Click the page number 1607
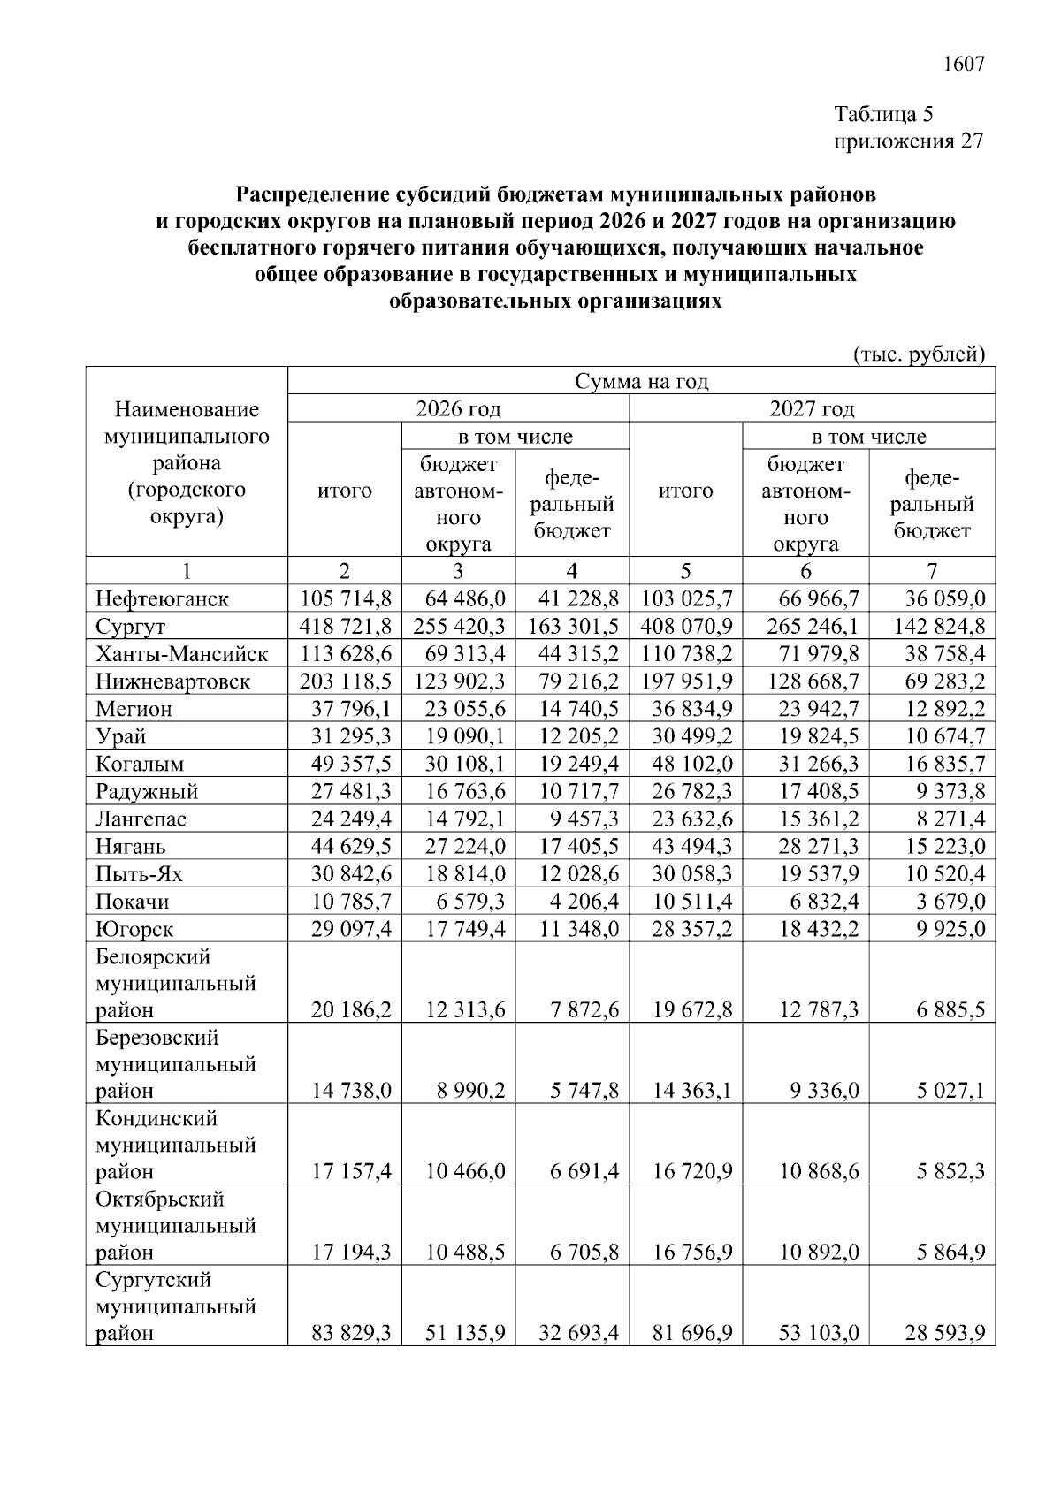point(963,65)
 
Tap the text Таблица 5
point(883,114)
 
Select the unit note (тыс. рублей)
point(919,354)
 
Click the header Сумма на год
point(642,381)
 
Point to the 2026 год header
point(458,408)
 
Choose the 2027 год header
point(812,408)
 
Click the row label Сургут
point(131,627)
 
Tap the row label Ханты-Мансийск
point(181,654)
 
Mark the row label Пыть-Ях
point(139,874)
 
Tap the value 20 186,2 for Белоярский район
point(351,1009)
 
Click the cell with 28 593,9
point(944,1333)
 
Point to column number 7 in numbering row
point(932,571)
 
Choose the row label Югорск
point(134,929)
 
